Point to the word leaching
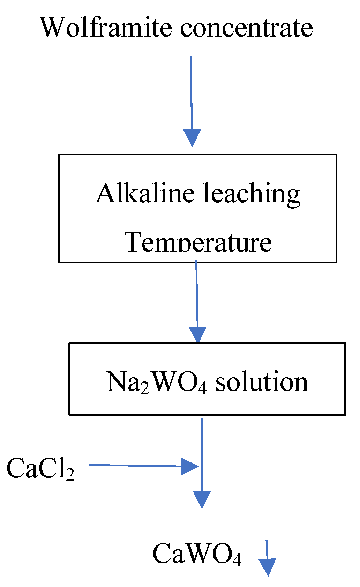click(x=252, y=194)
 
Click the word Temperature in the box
click(x=198, y=242)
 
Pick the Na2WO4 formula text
click(x=157, y=382)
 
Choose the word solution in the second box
click(x=262, y=382)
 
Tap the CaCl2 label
click(x=40, y=468)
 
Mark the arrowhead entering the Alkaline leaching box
click(x=192, y=138)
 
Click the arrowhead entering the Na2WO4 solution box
click(x=198, y=335)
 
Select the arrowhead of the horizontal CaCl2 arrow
click(x=190, y=466)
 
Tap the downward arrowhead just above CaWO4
click(x=202, y=499)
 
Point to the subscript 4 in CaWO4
click(x=237, y=560)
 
